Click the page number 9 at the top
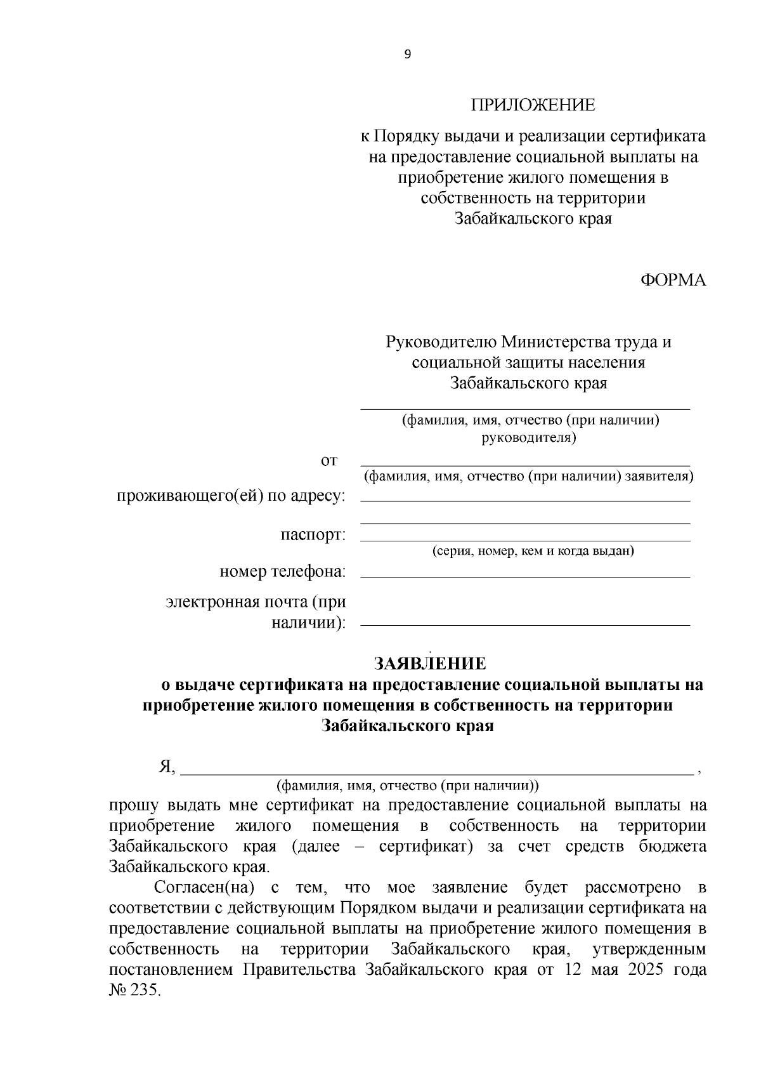407,55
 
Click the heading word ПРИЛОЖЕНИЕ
533,105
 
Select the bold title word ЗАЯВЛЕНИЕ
431,664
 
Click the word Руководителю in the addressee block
441,342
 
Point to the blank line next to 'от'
525,465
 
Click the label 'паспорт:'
313,534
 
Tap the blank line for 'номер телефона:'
525,576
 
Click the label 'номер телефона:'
283,572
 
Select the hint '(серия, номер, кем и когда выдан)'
533,551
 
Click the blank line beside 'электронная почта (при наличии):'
525,624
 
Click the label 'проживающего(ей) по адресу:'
231,496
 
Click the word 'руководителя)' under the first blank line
529,438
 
